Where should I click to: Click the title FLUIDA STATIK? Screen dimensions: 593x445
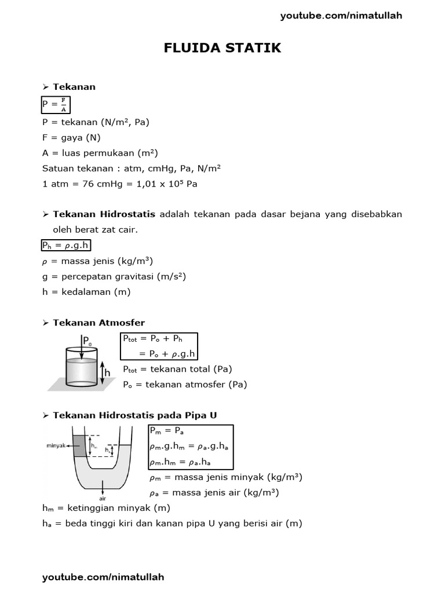pyautogui.click(x=222, y=48)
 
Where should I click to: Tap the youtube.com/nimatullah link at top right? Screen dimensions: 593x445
pyautogui.click(x=341, y=16)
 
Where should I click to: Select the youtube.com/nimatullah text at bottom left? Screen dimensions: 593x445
pyautogui.click(x=103, y=577)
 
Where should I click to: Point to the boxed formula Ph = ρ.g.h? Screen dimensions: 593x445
pyautogui.click(x=65, y=244)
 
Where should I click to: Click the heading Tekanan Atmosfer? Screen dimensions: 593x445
pyautogui.click(x=99, y=323)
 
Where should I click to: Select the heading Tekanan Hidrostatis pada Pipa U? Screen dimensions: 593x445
pyautogui.click(x=134, y=415)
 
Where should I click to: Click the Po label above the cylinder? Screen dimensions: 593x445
pyautogui.click(x=87, y=341)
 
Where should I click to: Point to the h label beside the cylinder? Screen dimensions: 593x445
pyautogui.click(x=107, y=374)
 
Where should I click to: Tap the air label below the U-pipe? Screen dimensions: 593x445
pyautogui.click(x=102, y=496)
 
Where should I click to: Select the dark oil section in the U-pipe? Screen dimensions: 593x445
pyautogui.click(x=78, y=443)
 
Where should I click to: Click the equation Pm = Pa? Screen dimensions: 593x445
pyautogui.click(x=166, y=431)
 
